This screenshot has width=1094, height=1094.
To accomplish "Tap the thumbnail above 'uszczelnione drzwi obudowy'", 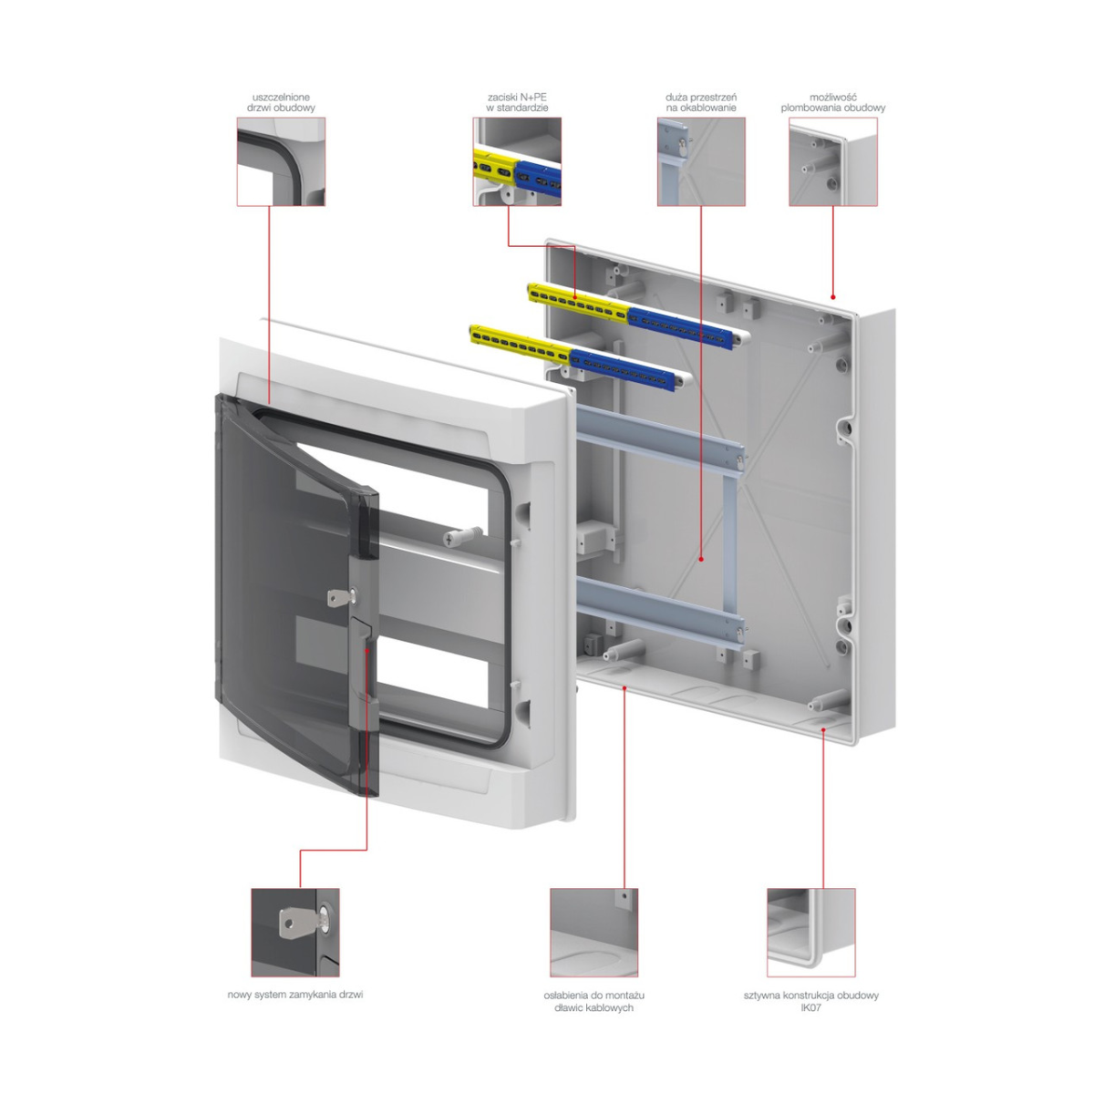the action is tap(281, 161).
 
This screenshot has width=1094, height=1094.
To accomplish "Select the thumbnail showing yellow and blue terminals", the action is tap(517, 161).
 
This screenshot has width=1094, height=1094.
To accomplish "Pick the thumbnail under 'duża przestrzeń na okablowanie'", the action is tap(701, 161).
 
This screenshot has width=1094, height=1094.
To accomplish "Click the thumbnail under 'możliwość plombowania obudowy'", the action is tap(833, 161).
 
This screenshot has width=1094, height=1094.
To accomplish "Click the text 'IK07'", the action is tap(810, 1007).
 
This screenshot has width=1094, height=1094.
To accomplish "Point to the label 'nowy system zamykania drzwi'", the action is tap(295, 995).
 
